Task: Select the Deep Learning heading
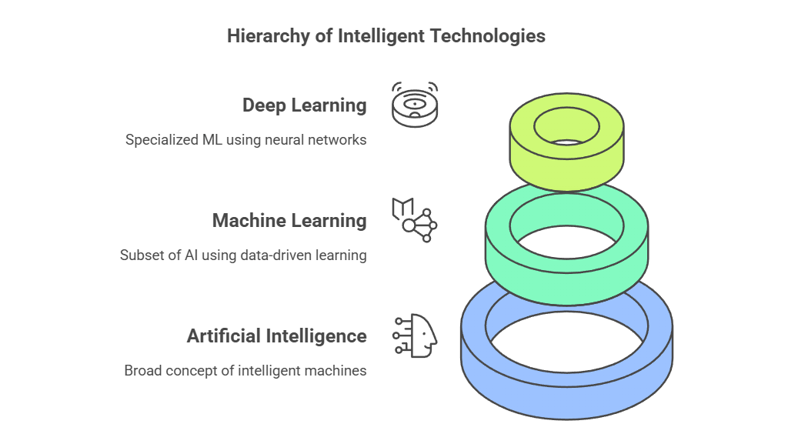(x=304, y=105)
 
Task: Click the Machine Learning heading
(x=289, y=221)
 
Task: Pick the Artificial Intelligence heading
(x=276, y=336)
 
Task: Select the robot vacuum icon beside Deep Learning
(x=414, y=105)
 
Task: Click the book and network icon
(x=414, y=220)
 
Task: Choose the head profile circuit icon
(x=416, y=336)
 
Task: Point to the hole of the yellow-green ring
(x=567, y=126)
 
